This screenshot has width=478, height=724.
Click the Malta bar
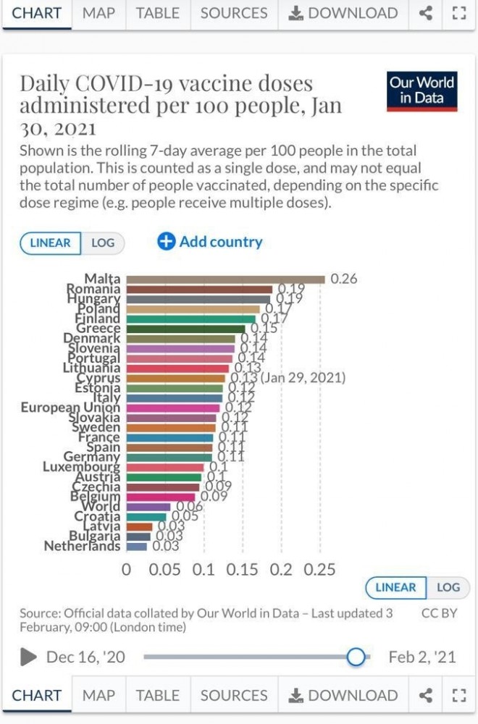(x=225, y=279)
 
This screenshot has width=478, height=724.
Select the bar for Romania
(x=199, y=289)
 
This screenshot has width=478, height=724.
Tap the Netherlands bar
(x=136, y=546)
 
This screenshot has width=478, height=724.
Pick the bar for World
(x=148, y=506)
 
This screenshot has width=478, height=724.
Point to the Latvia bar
(x=139, y=526)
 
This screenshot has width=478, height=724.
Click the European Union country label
(x=70, y=408)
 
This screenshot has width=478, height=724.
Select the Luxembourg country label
(x=81, y=467)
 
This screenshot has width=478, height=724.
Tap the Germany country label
(x=92, y=457)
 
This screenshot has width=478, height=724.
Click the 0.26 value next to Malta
(x=344, y=279)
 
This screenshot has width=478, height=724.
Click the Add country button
(x=210, y=242)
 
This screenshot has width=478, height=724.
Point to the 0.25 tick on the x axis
(x=320, y=569)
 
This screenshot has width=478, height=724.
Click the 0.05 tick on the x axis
(x=165, y=569)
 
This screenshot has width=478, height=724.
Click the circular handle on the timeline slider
(x=356, y=657)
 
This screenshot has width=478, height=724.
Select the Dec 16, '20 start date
(x=85, y=657)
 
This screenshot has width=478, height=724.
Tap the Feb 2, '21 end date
(x=422, y=657)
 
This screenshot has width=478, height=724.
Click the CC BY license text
(x=439, y=613)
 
